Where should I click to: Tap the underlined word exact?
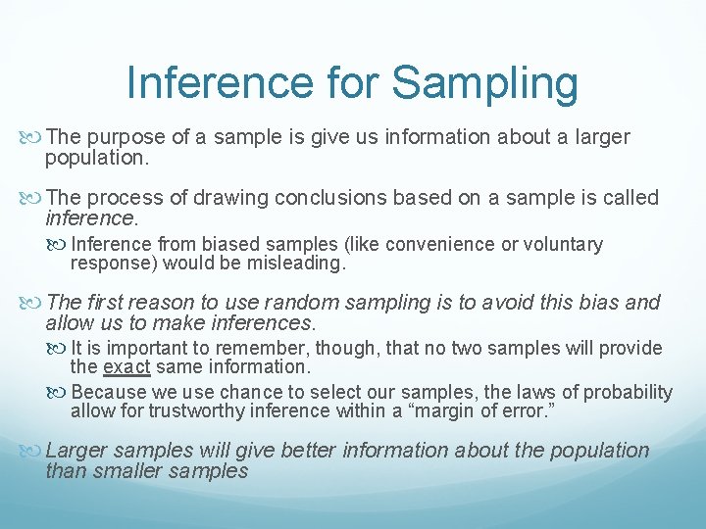pyautogui.click(x=126, y=367)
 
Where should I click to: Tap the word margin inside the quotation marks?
pyautogui.click(x=436, y=411)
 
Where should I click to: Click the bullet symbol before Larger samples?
pyautogui.click(x=33, y=452)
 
